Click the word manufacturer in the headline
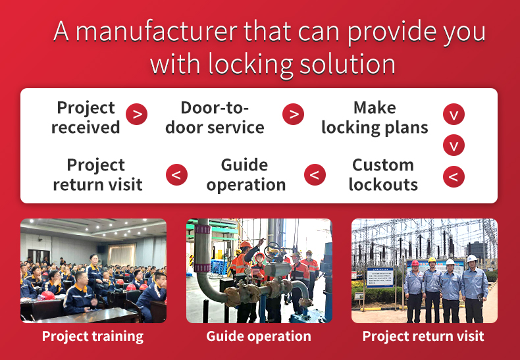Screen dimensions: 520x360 157,32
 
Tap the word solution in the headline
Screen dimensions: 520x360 348,63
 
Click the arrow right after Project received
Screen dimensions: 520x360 137,115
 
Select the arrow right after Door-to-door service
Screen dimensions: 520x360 293,115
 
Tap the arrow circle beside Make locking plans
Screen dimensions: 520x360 454,115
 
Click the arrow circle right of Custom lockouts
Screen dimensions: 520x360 454,176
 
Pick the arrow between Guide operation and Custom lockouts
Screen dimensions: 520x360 315,174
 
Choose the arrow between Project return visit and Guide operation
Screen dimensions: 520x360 176,174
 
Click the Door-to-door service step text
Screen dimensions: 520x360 215,117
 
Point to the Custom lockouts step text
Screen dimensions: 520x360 383,174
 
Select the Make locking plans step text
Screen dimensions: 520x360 375,118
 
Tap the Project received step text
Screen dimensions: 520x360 86,117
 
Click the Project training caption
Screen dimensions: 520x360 93,336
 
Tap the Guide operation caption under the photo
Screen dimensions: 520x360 259,336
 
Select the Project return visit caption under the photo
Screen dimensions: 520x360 423,336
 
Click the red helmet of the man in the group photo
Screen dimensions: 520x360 415,263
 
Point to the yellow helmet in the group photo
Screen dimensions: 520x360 432,259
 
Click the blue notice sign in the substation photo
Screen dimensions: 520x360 380,277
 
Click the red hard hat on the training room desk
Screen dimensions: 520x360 48,295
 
